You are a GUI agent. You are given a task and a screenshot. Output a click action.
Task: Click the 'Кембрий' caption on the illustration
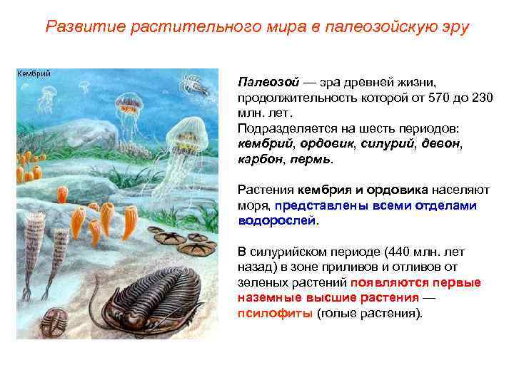click(x=34, y=73)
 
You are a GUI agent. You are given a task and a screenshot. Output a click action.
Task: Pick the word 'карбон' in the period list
click(x=259, y=160)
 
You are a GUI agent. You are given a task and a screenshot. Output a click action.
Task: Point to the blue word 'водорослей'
click(x=276, y=221)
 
